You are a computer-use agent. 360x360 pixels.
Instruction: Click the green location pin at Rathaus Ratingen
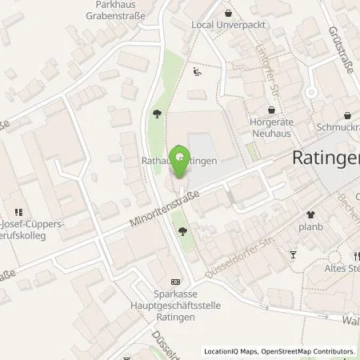(x=180, y=154)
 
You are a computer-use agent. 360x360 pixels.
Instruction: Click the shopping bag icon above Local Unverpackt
(x=230, y=13)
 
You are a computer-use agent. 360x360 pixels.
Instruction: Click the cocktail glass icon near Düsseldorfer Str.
(x=294, y=254)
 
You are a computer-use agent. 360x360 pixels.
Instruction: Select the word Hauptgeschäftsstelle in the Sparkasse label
(x=177, y=303)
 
